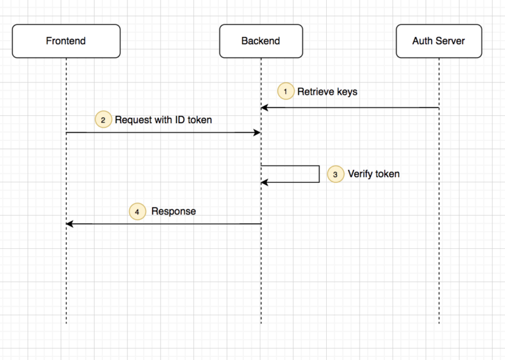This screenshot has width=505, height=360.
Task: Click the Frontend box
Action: pos(66,41)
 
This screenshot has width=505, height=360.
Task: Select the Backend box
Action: pos(261,41)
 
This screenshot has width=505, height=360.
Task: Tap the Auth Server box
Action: pos(439,41)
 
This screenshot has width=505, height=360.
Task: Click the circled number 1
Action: pos(285,91)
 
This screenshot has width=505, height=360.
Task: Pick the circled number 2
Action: pos(103,120)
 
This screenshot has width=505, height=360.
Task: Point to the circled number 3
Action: pos(335,174)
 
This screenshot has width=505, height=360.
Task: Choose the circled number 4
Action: pos(137,211)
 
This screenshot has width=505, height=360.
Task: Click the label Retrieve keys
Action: pos(327,92)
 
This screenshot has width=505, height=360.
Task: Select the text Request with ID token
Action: pos(163,120)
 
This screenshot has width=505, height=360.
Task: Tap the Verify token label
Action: pos(373,174)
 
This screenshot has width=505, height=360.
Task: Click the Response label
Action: pos(174,211)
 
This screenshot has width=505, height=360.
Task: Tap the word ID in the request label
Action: pos(180,120)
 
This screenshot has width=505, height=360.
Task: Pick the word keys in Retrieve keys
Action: pos(347,92)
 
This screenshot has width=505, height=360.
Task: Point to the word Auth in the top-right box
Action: pos(422,41)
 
